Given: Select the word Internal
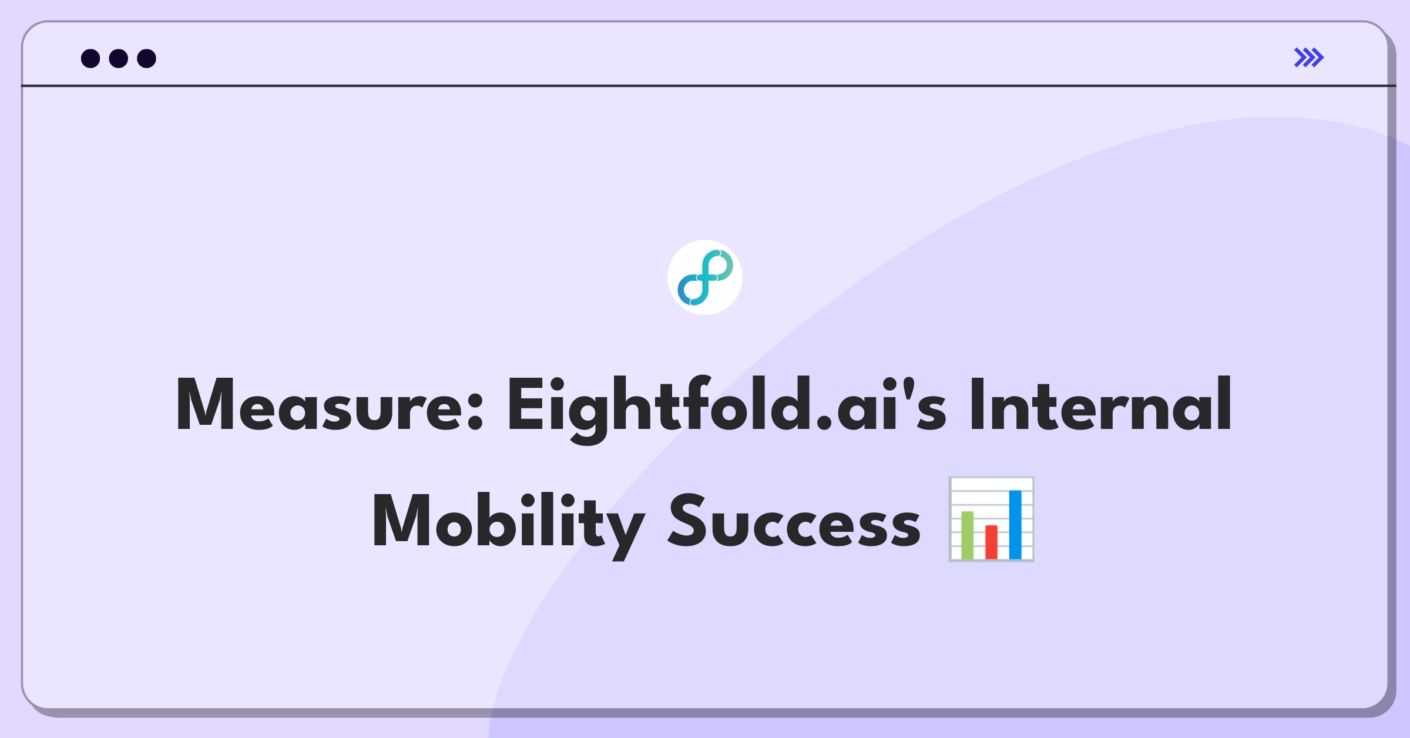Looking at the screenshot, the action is point(1100,404).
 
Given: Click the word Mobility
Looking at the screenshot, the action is point(508,521).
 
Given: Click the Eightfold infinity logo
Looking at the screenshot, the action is point(705,277).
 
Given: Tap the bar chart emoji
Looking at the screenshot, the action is point(991,519).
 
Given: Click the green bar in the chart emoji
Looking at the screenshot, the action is point(967,535).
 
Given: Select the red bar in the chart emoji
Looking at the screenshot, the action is point(991,542).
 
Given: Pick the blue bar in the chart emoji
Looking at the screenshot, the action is point(1015,524).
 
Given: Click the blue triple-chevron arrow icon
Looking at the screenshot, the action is point(1309,58).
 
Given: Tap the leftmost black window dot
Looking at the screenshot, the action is point(90,58).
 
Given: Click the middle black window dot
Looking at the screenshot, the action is point(119,58).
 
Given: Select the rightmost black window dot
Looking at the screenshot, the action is point(146,58).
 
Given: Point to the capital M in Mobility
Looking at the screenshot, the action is point(402,521).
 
